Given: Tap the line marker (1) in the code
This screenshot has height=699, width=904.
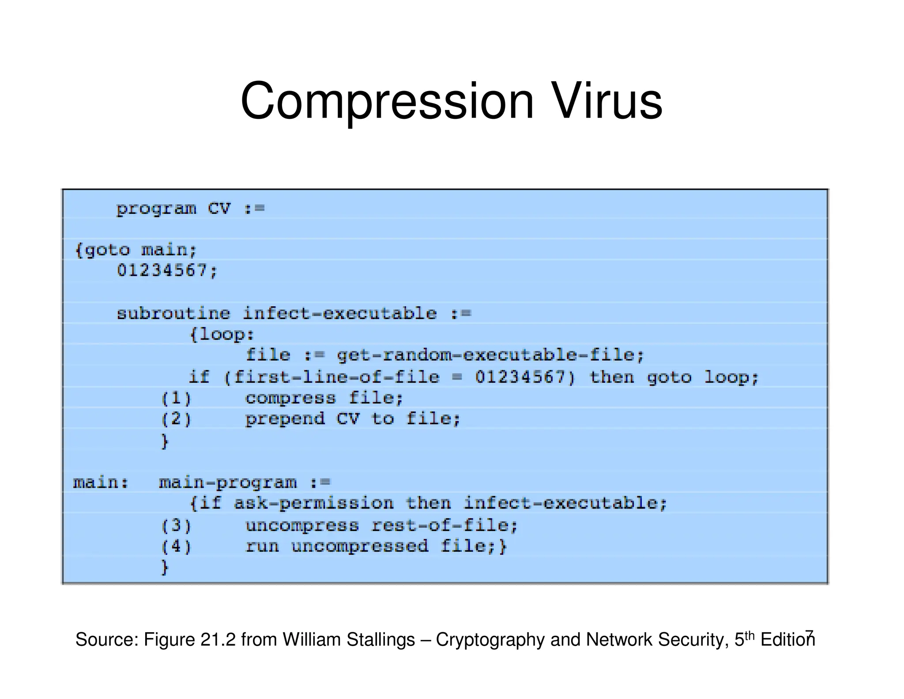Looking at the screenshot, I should pos(176,399).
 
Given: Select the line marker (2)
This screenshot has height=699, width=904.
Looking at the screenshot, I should pos(176,419).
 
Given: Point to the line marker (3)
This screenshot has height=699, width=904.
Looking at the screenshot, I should pos(176,525).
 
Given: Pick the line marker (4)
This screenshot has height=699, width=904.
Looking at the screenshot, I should pos(176,547).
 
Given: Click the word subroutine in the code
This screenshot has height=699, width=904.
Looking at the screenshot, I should pos(173,314).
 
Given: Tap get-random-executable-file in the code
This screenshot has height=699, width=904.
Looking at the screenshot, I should pos(490,355).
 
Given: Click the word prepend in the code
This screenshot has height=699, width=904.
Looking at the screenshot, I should pos(285,419).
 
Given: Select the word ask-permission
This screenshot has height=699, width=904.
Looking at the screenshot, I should pos(313,504).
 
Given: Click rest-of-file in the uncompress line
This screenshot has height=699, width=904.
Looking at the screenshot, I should pos(444,525).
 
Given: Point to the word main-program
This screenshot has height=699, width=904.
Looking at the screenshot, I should pos(228,482).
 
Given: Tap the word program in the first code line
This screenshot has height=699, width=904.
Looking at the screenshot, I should pos(156,209).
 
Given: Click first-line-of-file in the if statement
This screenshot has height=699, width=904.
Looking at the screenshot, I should pos(337,377).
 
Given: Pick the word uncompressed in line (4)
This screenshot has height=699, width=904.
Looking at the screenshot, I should pos(360,547).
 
